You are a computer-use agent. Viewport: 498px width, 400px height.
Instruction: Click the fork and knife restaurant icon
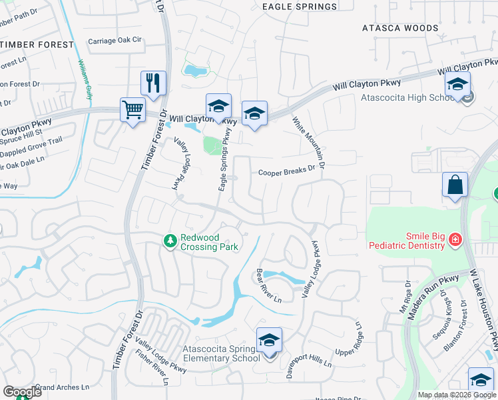tap(153, 84)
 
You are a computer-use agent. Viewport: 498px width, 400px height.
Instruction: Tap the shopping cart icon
tap(132, 109)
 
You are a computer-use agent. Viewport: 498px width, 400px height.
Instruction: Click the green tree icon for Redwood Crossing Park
tap(170, 240)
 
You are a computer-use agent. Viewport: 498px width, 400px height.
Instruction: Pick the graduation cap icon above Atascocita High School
tap(457, 85)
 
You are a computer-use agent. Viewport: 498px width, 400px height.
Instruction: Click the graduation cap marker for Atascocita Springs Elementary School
tap(269, 341)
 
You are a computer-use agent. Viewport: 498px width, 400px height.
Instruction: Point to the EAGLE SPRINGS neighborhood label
tap(300, 7)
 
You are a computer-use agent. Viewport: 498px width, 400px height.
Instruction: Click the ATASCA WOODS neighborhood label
tap(400, 28)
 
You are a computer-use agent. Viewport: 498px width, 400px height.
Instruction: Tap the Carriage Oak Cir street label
tap(116, 41)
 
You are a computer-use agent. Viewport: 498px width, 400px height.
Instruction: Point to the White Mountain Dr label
tap(310, 143)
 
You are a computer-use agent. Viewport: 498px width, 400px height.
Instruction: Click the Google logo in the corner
tap(22, 392)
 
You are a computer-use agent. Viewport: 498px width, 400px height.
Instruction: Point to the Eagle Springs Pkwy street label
tap(226, 160)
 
